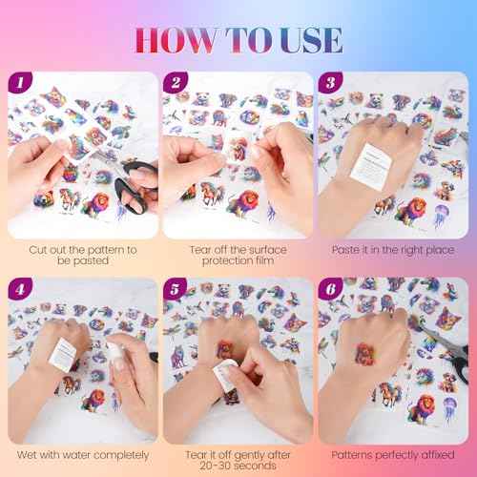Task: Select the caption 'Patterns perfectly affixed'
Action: pyautogui.click(x=394, y=456)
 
